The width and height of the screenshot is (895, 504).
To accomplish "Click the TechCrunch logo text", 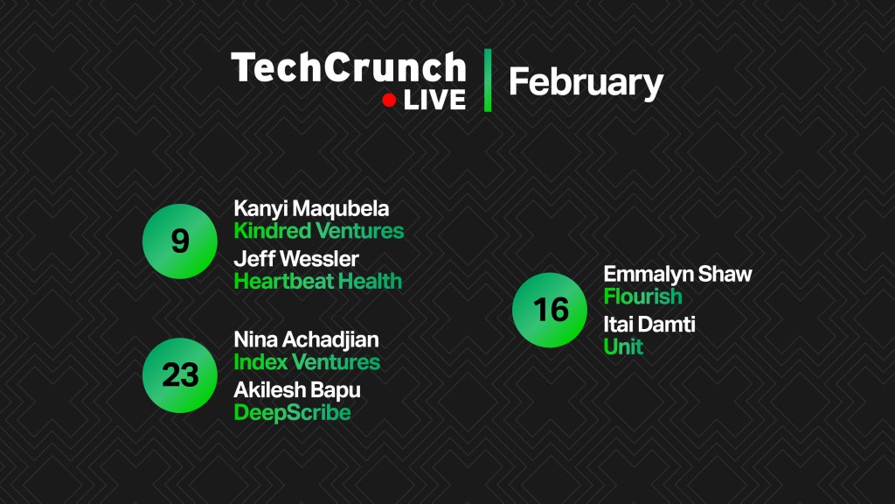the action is point(349,67).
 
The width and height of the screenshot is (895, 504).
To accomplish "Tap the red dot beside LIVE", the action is point(389,101).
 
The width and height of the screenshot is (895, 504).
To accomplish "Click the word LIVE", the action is point(435,101).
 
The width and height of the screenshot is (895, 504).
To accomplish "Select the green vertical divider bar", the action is point(488,80).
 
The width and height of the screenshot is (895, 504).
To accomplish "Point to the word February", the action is point(586,83).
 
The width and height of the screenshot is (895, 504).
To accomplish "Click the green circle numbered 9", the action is point(180,241).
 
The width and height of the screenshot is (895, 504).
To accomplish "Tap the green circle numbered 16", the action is point(550,310).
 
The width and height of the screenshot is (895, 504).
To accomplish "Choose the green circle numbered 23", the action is point(180,375).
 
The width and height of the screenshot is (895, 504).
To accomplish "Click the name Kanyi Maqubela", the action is point(312,209).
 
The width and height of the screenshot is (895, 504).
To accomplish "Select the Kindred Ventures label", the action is point(319,231).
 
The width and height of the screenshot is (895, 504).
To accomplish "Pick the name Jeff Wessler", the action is point(296,259).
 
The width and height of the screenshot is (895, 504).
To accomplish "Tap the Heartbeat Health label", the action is point(318,281).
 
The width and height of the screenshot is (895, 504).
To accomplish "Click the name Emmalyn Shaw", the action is point(677,275).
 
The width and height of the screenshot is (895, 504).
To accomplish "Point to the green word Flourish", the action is point(642,297).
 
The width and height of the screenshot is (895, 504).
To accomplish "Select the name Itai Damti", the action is point(649,325).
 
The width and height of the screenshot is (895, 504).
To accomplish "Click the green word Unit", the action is point(623,346).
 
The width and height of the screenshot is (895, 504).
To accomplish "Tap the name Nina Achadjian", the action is point(307,340).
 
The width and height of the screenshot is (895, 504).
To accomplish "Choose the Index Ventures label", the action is point(307,362).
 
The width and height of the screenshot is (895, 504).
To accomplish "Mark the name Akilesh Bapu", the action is point(297,391).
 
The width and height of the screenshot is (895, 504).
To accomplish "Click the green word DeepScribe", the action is point(292,413).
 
